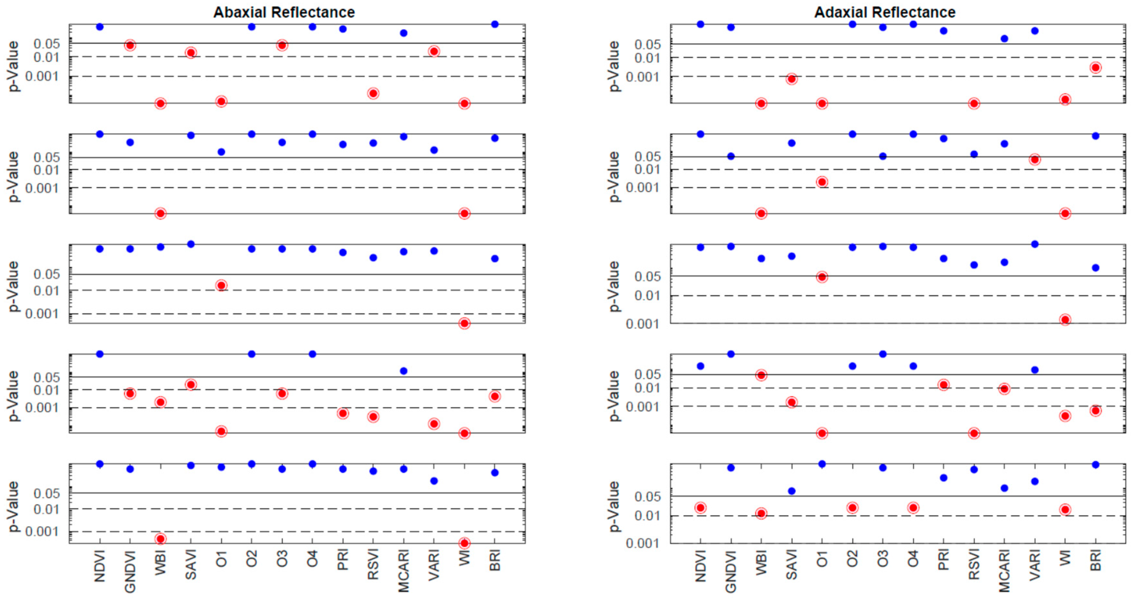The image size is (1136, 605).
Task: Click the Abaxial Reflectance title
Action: [x=284, y=12]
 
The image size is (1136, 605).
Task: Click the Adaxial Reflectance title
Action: [x=885, y=12]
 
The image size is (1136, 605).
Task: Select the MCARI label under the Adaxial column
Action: [x=1004, y=571]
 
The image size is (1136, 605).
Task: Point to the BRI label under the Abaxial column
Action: [x=495, y=560]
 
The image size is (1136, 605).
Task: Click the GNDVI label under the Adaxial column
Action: [x=731, y=571]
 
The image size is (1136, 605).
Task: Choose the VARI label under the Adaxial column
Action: [x=1034, y=565]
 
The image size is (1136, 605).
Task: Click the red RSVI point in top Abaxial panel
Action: [x=373, y=93]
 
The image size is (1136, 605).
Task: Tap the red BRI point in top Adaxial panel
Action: [x=1096, y=68]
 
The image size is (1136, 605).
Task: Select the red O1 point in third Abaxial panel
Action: [x=222, y=285]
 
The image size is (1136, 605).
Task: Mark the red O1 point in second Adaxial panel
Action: [x=822, y=182]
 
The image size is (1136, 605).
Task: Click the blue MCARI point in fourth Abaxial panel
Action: [x=404, y=371]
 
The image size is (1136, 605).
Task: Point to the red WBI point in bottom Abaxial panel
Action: [x=160, y=539]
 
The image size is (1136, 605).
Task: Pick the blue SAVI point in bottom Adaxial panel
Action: [x=792, y=491]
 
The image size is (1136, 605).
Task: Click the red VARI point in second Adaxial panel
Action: [x=1034, y=159]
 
